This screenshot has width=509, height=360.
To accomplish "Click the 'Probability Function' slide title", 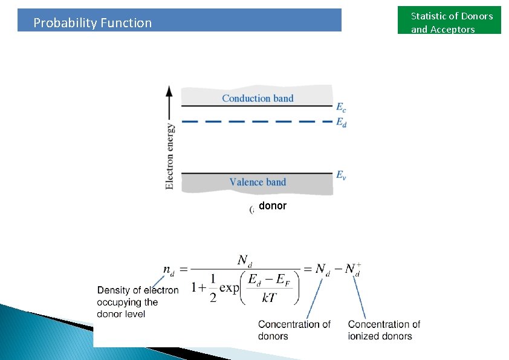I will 92,23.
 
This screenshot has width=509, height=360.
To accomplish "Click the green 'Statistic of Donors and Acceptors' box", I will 451,22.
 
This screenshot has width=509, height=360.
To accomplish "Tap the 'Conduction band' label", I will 258,98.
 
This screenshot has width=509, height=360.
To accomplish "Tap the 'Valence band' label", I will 258,182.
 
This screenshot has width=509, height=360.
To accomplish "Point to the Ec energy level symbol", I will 341,108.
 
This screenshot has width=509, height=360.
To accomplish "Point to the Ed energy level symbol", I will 341,122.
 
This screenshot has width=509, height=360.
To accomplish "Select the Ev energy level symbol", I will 341,175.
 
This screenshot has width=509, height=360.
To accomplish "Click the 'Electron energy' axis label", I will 170,156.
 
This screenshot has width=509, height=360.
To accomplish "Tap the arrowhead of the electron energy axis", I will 169,91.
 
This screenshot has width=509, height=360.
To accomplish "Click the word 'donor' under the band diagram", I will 273,206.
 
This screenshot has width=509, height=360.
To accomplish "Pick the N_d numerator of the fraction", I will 244,260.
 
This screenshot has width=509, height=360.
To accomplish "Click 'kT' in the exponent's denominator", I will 270,297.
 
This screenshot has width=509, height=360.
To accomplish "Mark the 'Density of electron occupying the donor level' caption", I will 137,302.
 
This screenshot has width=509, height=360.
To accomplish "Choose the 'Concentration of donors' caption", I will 294,330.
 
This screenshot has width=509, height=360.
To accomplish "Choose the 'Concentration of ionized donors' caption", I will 383,330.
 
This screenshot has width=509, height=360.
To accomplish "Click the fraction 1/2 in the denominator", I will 213,289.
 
